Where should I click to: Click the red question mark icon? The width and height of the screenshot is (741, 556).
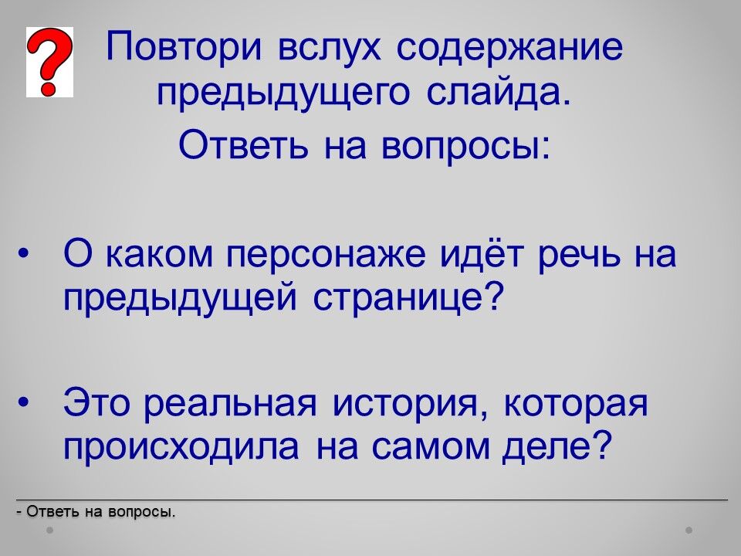click(x=49, y=62)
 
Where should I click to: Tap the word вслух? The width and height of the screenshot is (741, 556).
click(x=330, y=47)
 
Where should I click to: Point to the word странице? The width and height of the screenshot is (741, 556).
click(x=407, y=298)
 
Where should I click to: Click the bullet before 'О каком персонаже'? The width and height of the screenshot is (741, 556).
click(x=22, y=254)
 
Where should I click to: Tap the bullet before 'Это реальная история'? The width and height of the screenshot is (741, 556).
click(x=22, y=402)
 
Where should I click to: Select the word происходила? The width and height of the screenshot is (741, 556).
click(x=181, y=446)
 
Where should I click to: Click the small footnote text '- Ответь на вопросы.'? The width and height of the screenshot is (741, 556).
click(x=96, y=511)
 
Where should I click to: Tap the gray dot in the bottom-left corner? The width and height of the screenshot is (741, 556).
click(x=49, y=530)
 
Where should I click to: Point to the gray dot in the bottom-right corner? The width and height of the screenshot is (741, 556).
click(x=689, y=530)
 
